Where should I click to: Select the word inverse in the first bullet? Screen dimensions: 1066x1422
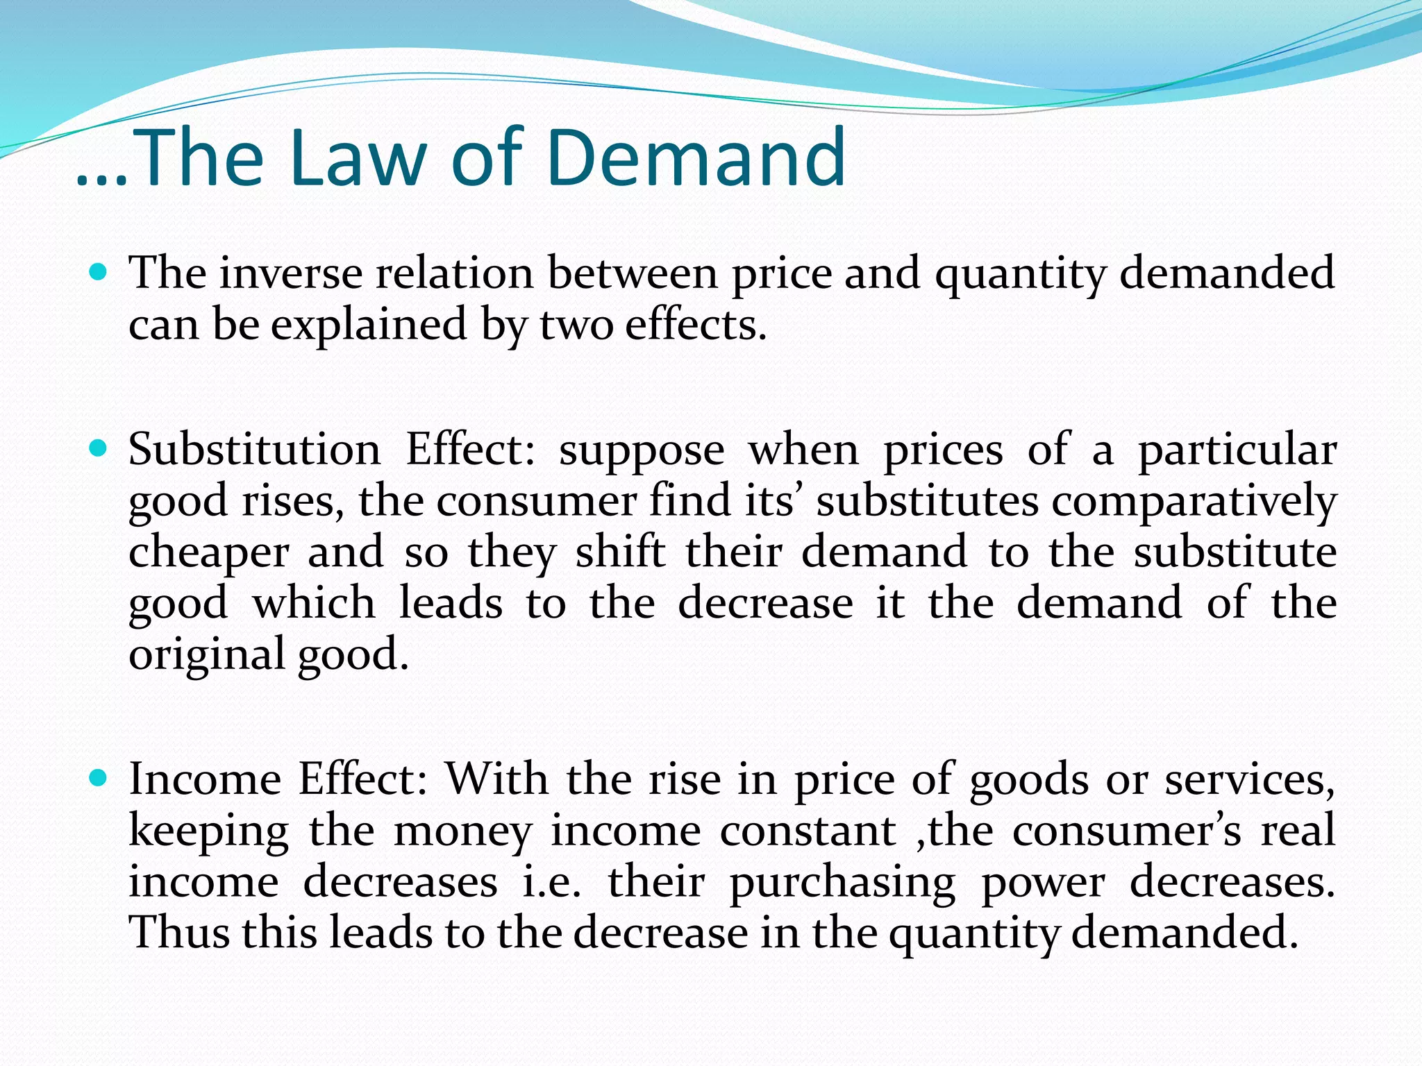click(291, 273)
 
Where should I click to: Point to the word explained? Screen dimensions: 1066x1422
click(369, 325)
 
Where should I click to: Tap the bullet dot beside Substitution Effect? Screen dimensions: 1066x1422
click(99, 448)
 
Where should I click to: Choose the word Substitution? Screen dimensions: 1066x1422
click(254, 449)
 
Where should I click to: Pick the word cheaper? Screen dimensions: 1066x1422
click(208, 553)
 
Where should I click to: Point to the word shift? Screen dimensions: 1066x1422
click(620, 552)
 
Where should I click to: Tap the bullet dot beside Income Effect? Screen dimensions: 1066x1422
click(99, 778)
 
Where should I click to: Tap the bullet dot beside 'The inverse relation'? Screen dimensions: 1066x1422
click(99, 272)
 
